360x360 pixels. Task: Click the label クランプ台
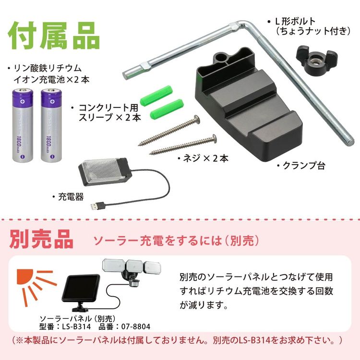[303, 166]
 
